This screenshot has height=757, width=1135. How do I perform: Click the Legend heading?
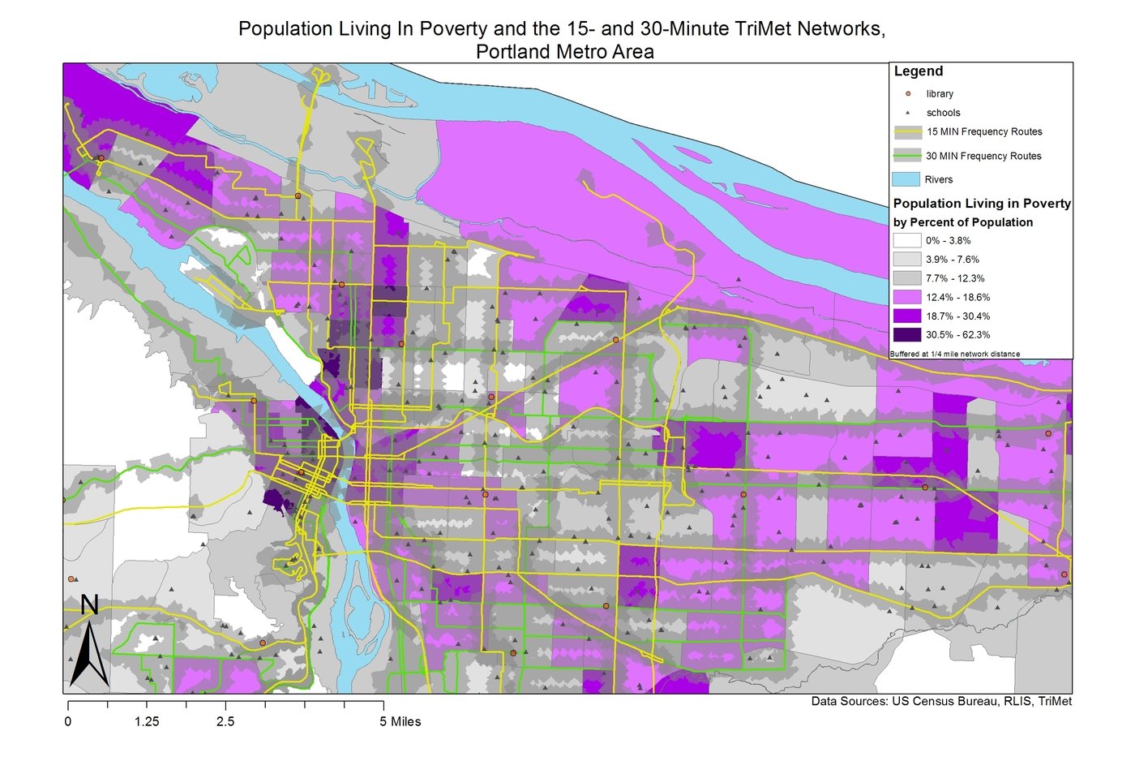click(x=918, y=71)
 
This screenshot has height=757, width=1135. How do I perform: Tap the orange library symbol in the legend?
click(x=908, y=93)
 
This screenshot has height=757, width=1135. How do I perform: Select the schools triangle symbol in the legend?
click(x=908, y=113)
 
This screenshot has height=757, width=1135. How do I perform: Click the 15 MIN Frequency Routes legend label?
click(x=984, y=131)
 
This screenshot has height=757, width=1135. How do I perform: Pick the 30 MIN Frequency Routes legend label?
click(x=983, y=156)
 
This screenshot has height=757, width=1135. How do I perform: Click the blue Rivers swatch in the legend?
click(x=906, y=179)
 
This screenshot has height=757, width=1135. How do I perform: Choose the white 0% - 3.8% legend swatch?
click(x=907, y=240)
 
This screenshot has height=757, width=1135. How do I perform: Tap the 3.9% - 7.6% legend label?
click(x=952, y=260)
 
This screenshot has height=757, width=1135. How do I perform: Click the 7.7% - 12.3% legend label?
click(x=955, y=278)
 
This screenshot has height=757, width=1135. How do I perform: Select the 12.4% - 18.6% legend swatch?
click(x=907, y=297)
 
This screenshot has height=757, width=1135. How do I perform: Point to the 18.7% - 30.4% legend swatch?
click(x=907, y=316)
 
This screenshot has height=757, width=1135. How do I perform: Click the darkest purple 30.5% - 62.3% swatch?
click(x=907, y=334)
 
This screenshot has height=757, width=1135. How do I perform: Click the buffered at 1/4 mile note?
click(x=954, y=354)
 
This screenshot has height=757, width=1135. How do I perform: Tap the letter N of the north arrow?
click(x=89, y=605)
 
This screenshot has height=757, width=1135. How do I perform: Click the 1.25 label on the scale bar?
click(x=147, y=721)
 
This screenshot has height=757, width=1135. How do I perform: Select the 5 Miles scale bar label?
click(x=400, y=721)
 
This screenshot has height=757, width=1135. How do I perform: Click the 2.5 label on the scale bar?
click(x=225, y=721)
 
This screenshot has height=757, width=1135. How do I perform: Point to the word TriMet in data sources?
click(x=1052, y=701)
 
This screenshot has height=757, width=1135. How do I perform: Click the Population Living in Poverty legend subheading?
click(x=981, y=204)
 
